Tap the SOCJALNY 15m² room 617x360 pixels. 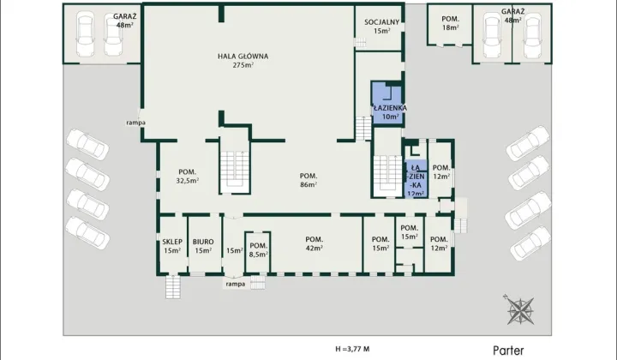380,27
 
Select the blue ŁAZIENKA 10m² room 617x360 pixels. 387,104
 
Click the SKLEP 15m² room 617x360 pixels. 172,245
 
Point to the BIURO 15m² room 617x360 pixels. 203,245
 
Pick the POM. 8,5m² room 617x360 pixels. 258,251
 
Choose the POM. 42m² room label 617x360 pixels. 314,243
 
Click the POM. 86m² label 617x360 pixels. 308,180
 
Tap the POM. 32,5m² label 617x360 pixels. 188,177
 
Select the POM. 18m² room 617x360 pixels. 450,24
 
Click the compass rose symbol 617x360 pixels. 520,309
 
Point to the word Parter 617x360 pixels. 508,351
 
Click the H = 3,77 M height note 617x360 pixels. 352,349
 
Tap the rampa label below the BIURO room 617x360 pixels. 236,284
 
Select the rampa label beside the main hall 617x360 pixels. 135,123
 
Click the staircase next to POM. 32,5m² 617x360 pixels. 235,172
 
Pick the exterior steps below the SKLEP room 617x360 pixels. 173,287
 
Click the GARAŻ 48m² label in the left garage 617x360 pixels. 125,21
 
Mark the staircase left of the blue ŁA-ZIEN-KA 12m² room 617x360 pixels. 387,176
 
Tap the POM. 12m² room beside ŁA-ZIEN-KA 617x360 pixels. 440,169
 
